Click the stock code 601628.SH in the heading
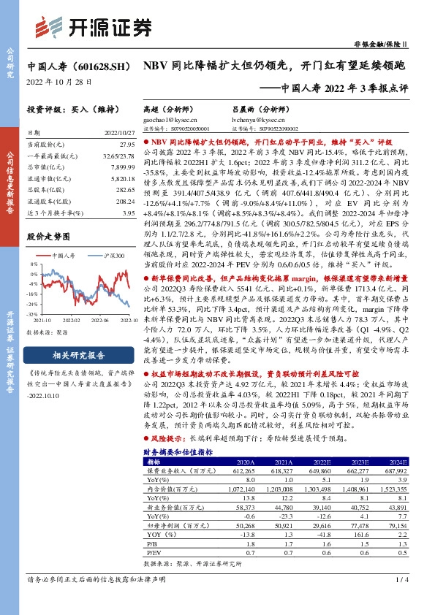pos(94,66)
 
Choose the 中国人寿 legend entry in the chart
pos(64,256)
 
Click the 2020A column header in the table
pos(246,462)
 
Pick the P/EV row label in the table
pos(153,554)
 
